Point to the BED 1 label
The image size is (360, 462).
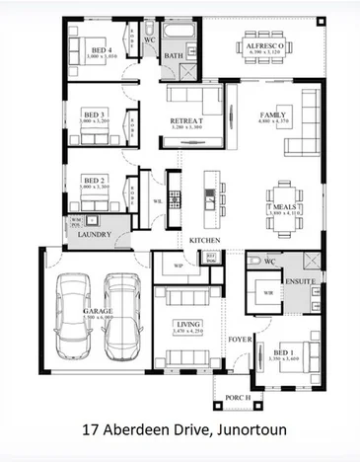click(x=282, y=352)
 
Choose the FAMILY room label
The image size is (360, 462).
click(x=271, y=115)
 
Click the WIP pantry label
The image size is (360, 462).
click(x=179, y=266)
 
